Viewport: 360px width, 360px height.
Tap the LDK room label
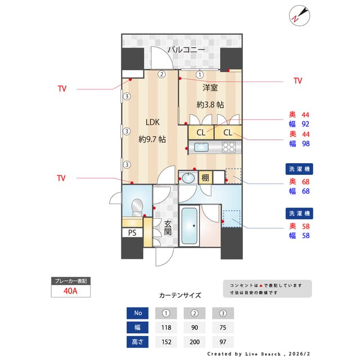(x=152, y=122)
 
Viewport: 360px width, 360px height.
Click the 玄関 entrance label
(x=167, y=227)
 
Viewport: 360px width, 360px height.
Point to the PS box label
(x=132, y=233)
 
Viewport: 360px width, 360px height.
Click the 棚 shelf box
(x=205, y=178)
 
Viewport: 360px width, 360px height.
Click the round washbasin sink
(x=188, y=178)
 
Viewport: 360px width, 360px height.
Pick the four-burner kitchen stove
(x=228, y=147)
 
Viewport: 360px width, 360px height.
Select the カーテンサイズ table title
(x=179, y=295)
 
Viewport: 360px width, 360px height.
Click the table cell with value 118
(x=166, y=327)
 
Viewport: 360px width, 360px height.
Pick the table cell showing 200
(x=195, y=341)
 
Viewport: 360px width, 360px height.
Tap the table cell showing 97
(x=223, y=341)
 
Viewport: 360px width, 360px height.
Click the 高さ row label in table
(x=138, y=341)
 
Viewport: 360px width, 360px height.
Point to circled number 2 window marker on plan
(x=161, y=74)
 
